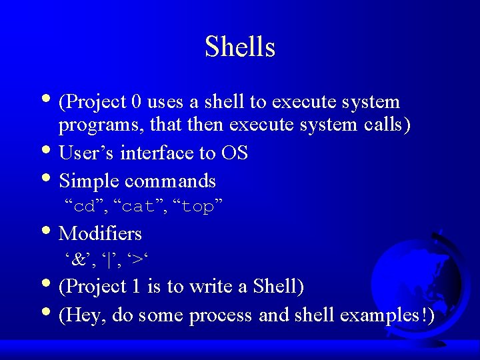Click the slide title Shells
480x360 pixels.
(240, 47)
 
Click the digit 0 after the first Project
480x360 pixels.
(137, 102)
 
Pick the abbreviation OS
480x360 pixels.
(234, 153)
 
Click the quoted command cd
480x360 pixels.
(83, 207)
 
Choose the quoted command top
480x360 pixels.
(197, 207)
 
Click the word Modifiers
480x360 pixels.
(100, 233)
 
